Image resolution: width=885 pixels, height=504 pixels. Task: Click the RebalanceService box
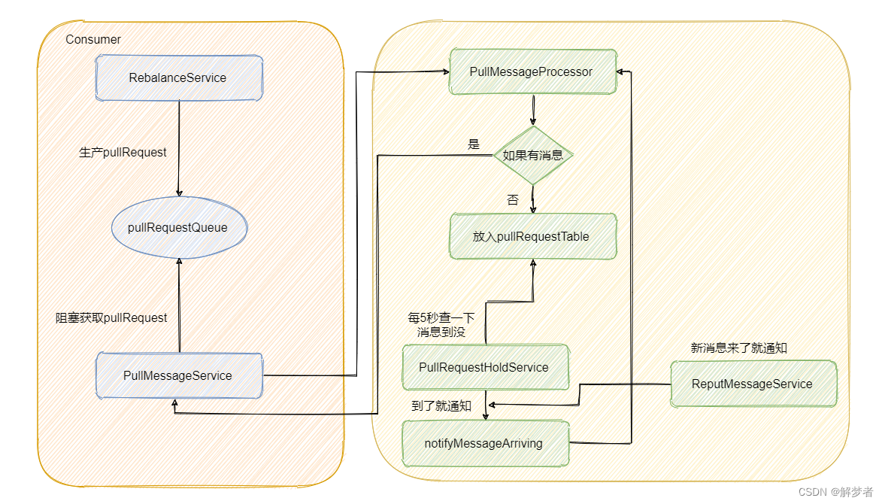(179, 78)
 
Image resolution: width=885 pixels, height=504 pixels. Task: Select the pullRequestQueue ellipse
(180, 227)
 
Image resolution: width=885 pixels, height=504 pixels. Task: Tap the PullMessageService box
(179, 375)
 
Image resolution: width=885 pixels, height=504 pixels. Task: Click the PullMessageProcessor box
(533, 71)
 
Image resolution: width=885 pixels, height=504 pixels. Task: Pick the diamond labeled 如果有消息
(533, 155)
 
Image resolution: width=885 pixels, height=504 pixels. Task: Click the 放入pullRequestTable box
(533, 236)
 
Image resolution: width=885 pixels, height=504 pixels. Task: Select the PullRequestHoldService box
(486, 367)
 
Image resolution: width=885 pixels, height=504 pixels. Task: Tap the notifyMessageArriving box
(486, 444)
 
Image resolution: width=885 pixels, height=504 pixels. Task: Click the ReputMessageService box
(753, 384)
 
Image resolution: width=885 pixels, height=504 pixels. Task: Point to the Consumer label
(93, 40)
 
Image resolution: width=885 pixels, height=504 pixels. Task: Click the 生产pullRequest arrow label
(123, 153)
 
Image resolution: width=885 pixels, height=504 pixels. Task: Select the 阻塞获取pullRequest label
(111, 317)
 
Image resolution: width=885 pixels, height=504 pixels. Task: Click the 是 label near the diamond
(474, 144)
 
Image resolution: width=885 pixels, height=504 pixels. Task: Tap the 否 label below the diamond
(513, 200)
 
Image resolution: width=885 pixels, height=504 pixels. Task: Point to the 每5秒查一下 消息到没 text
(441, 324)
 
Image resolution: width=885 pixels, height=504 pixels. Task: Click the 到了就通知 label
(441, 405)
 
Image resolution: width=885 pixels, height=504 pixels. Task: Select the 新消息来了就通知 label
(739, 348)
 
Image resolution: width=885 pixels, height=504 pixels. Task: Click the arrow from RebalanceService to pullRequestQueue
(179, 148)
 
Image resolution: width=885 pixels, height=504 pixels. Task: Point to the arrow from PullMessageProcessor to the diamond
(533, 110)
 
